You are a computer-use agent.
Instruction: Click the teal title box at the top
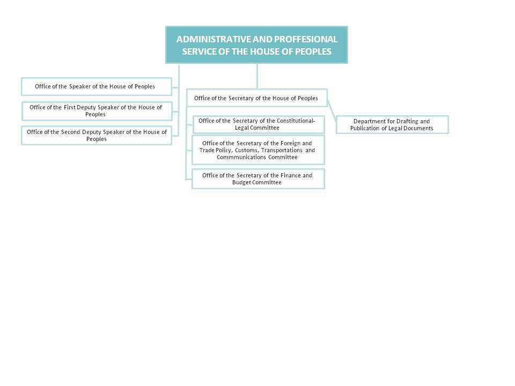tap(256, 45)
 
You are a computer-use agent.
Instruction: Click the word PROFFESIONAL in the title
tap(305, 39)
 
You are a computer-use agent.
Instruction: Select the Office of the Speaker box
tap(97, 87)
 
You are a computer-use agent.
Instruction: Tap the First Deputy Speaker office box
tap(97, 111)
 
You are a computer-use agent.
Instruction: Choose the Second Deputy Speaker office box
tap(97, 135)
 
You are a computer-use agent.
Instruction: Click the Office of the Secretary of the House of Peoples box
tap(257, 98)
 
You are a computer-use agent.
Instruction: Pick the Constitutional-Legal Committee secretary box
tap(259, 124)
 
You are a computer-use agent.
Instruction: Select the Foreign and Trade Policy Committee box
tap(258, 150)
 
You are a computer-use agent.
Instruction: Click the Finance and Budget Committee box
tap(258, 179)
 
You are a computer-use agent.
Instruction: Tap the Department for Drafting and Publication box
tap(392, 125)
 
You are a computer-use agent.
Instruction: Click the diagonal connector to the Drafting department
tap(332, 112)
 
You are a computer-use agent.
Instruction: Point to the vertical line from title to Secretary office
tap(257, 76)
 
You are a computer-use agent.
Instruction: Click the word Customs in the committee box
tap(246, 150)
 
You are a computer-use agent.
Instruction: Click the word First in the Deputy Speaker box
tap(69, 107)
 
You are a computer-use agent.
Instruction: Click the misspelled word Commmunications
tap(241, 157)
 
